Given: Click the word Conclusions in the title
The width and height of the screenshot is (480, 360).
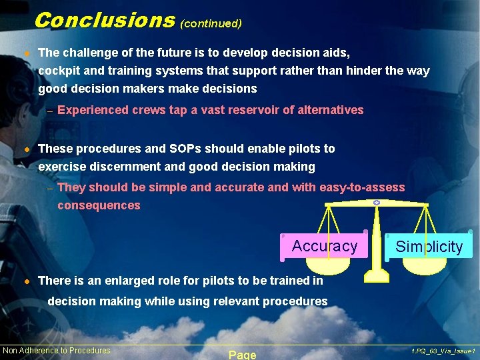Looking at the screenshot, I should tap(104, 20).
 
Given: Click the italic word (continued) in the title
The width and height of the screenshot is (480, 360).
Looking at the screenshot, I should tap(211, 23).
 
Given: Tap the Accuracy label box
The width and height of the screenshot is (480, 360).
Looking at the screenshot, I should tap(324, 246).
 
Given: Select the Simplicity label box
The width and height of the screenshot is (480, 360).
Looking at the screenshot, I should tap(429, 247).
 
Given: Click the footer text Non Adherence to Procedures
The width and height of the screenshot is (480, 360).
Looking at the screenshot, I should tap(57, 351).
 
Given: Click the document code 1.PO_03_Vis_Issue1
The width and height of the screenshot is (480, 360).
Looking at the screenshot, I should tap(443, 351).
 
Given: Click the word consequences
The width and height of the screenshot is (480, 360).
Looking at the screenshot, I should tap(99, 205).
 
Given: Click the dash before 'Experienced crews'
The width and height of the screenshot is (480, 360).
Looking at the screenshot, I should tap(49, 111).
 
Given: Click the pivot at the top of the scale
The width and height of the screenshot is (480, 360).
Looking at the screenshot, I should tap(377, 201).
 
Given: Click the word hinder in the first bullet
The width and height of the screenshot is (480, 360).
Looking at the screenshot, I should tap(354, 71).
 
